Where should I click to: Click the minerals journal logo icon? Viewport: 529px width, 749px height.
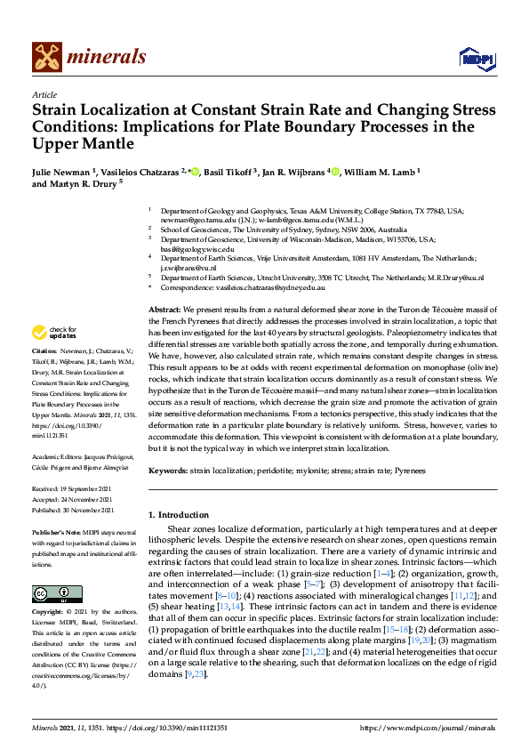(47, 58)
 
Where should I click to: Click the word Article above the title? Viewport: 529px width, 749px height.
(44, 95)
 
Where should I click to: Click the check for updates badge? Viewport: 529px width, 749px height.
(54, 334)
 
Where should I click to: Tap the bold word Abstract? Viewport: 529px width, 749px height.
(164, 309)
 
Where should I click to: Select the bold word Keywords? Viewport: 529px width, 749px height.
(167, 470)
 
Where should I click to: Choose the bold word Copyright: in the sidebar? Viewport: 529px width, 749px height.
(49, 613)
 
